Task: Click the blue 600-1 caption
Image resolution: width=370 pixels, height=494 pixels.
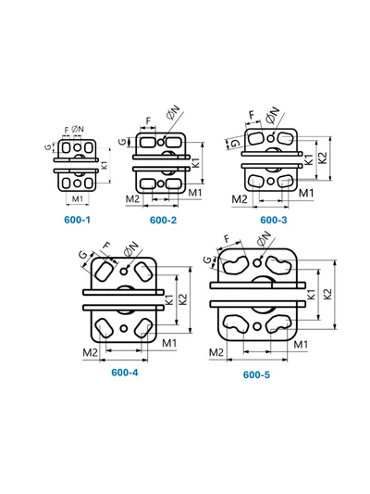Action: pos(77,220)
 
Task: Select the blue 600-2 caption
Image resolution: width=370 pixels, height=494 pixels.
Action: pos(163,220)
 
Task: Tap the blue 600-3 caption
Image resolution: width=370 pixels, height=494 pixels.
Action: pos(274,220)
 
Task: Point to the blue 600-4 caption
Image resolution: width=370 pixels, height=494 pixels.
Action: pos(125,373)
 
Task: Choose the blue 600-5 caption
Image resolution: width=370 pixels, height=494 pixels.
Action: pos(256,374)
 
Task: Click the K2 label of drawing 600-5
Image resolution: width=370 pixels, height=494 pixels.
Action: pos(327,294)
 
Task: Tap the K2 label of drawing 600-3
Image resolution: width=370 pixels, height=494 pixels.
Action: pos(323,158)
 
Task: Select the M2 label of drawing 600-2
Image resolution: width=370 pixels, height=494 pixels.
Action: pos(132,199)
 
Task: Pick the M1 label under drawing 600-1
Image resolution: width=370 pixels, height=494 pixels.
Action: pos(78,199)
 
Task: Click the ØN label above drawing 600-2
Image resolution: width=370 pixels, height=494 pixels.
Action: pos(173,112)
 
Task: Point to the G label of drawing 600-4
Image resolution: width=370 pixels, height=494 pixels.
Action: pos(83,255)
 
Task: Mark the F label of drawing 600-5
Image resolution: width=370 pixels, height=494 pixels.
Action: pos(228,239)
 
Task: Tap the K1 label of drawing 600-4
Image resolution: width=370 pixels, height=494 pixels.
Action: pos(169,299)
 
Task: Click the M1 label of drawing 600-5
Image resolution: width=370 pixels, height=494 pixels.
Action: pos(301,345)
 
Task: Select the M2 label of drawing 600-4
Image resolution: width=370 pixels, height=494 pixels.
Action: pos(90,352)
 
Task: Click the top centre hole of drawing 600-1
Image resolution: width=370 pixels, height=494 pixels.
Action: pos(78,147)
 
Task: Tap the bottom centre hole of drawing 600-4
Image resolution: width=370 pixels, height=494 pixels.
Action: pos(124,329)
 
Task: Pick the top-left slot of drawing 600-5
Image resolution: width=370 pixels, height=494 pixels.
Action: pos(235,265)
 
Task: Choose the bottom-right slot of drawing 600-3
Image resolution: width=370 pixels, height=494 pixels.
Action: pos(286,180)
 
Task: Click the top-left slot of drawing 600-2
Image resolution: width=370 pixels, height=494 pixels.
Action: pos(147,143)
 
